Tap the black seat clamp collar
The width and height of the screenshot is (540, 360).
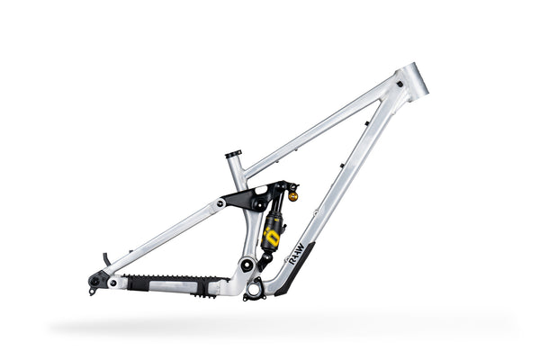click(234, 154)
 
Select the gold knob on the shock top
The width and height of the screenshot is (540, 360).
click(292, 193)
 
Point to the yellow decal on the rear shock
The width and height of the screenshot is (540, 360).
click(270, 236)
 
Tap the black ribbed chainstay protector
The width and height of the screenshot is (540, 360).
click(171, 282)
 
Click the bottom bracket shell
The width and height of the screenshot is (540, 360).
click(255, 289)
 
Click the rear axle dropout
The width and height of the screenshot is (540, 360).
click(94, 281)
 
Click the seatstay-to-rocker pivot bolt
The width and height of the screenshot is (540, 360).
click(220, 203)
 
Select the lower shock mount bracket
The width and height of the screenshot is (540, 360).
click(265, 260)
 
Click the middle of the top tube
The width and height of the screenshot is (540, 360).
click(319, 127)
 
